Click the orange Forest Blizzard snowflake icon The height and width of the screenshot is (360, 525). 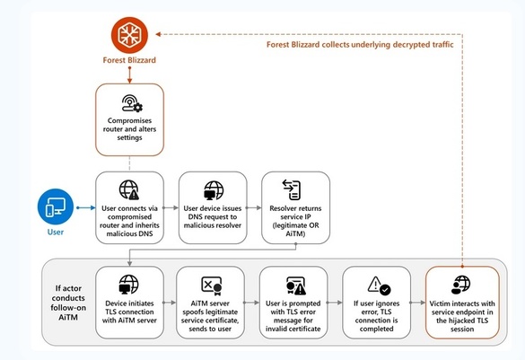pos(129,35)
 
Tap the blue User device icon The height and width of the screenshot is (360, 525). pos(56,206)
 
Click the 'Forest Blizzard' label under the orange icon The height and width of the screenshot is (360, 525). pos(129,60)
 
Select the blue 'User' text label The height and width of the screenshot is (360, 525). pos(56,233)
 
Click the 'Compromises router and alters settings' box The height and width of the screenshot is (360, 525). pos(129,119)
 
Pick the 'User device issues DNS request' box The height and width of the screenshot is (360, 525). pos(213,207)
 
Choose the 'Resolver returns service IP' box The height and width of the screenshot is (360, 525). pos(295,207)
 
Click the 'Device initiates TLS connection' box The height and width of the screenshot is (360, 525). pos(129,303)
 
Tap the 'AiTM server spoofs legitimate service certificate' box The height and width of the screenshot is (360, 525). pos(210,303)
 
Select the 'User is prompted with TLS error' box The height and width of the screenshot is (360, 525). pos(293,303)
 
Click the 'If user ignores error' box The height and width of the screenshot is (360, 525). pos(376,303)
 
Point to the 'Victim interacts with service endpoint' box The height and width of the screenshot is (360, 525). pos(462,303)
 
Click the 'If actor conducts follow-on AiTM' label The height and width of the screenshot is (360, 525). pos(68,303)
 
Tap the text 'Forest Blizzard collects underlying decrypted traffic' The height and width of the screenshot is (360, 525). pos(360,45)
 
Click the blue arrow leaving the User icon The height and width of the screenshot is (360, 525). pos(86,207)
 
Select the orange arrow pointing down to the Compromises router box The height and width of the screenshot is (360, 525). pos(129,75)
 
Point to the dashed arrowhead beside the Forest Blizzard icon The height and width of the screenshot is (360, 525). pos(158,34)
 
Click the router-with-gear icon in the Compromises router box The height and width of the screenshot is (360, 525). pos(132,103)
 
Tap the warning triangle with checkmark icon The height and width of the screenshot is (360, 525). pos(379,285)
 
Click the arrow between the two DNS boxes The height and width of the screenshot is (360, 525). pos(171,207)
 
